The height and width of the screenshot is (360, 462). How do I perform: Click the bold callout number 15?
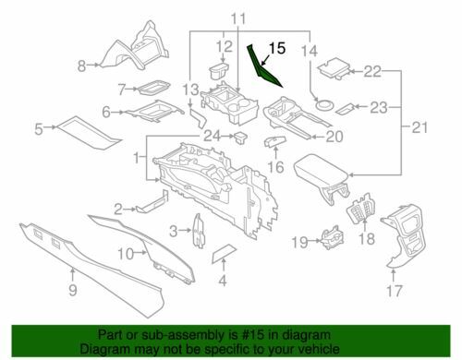click(x=277, y=49)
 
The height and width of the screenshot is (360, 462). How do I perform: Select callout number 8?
click(x=81, y=66)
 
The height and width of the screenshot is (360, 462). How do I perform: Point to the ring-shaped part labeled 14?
click(x=324, y=104)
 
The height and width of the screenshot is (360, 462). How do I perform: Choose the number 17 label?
click(x=395, y=291)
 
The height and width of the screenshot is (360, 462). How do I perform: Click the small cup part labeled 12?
click(x=218, y=71)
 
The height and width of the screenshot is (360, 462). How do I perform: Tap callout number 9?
click(x=73, y=290)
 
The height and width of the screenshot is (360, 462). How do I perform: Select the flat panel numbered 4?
click(x=224, y=252)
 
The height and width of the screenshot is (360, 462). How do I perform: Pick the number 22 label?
click(x=372, y=72)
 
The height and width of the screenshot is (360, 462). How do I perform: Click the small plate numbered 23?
click(x=345, y=108)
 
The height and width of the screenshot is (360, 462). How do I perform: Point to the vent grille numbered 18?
click(x=360, y=210)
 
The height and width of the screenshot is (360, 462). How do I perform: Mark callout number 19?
click(x=300, y=243)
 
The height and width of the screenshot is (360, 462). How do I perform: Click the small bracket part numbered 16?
click(x=275, y=141)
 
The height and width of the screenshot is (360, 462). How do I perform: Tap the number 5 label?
click(x=39, y=129)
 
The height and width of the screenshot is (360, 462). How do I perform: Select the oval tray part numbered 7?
click(x=153, y=88)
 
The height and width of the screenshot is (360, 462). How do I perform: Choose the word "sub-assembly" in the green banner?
click(x=176, y=334)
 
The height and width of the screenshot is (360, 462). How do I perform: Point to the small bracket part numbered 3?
click(x=199, y=231)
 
